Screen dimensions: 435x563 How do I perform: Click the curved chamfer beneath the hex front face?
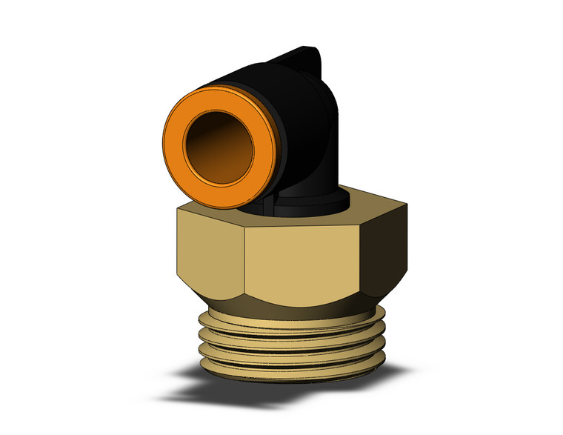pos(296,300)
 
